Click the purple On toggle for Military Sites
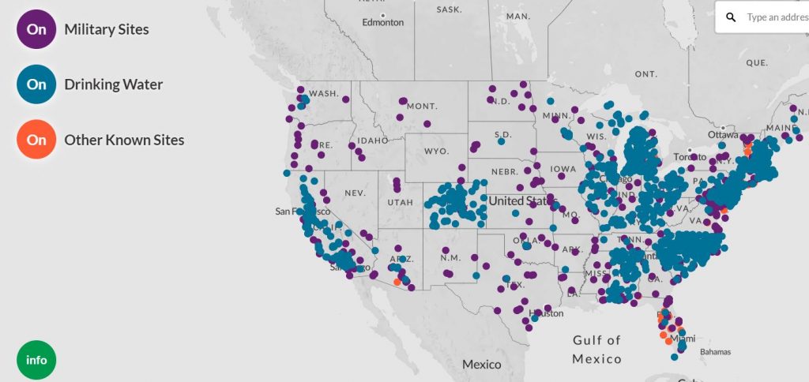point(36,29)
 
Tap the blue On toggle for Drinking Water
point(36,84)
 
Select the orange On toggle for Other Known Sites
point(36,140)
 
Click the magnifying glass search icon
point(732,17)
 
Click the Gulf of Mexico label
point(597,350)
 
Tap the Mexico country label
point(482,365)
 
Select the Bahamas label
point(714,352)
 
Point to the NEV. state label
point(355,193)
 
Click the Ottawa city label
point(722,134)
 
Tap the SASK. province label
point(449,10)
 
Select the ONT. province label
point(645,73)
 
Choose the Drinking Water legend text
point(113,84)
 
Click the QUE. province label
point(756,62)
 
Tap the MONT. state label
point(422,106)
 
